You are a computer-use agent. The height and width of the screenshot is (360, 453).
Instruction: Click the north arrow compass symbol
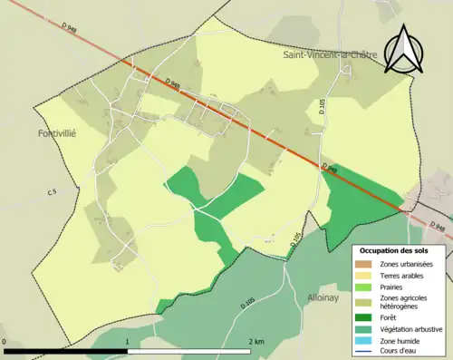(404, 50)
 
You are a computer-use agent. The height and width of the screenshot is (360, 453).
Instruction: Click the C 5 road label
(52, 192)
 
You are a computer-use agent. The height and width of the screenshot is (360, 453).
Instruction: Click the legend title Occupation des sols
(394, 250)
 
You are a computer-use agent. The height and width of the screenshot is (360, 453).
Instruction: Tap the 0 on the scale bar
(5, 342)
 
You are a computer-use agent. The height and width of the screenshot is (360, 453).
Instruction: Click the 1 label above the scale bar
(127, 342)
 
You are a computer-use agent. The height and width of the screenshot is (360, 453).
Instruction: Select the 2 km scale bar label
(255, 342)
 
